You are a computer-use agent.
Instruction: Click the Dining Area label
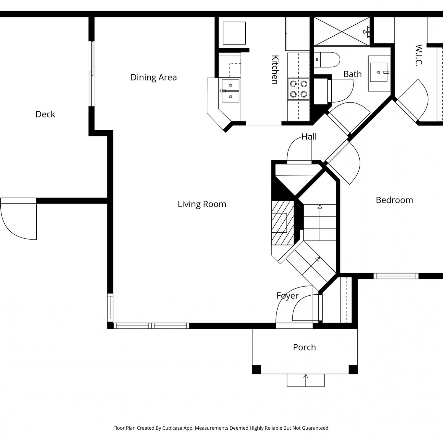point(154,77)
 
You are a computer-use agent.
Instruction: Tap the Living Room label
point(202,204)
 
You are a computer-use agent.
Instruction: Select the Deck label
point(45,114)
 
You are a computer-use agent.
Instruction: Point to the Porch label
point(304,347)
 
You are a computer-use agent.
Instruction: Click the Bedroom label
point(394,200)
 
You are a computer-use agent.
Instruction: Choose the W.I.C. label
point(419,56)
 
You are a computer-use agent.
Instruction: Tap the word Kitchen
point(275,70)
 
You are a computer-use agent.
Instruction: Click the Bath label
point(352,74)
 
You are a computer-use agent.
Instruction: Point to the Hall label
point(309,136)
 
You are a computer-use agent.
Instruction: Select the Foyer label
point(287,296)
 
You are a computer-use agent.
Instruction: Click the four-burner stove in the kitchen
point(299,89)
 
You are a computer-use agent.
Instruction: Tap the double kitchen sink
point(230,91)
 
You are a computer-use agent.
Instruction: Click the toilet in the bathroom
point(327,60)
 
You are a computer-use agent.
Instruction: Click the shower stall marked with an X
point(342,32)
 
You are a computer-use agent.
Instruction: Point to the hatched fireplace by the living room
point(283,223)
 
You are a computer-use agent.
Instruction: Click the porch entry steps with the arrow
point(306,380)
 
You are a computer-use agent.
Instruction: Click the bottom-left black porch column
point(257,369)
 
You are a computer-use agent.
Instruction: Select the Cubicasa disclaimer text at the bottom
point(221,428)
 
